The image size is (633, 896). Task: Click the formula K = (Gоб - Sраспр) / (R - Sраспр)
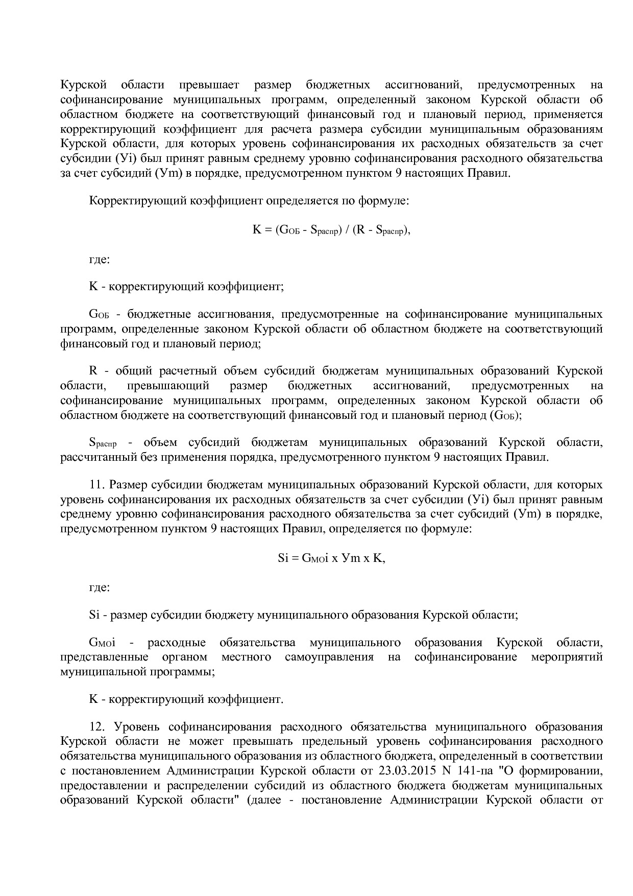click(331, 230)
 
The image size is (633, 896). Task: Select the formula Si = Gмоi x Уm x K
click(331, 558)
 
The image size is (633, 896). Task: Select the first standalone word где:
click(99, 260)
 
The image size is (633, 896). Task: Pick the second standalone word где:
click(99, 587)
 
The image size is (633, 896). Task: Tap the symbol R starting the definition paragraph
click(93, 370)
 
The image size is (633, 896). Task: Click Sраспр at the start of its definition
click(103, 442)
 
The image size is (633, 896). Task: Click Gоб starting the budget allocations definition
click(99, 314)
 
